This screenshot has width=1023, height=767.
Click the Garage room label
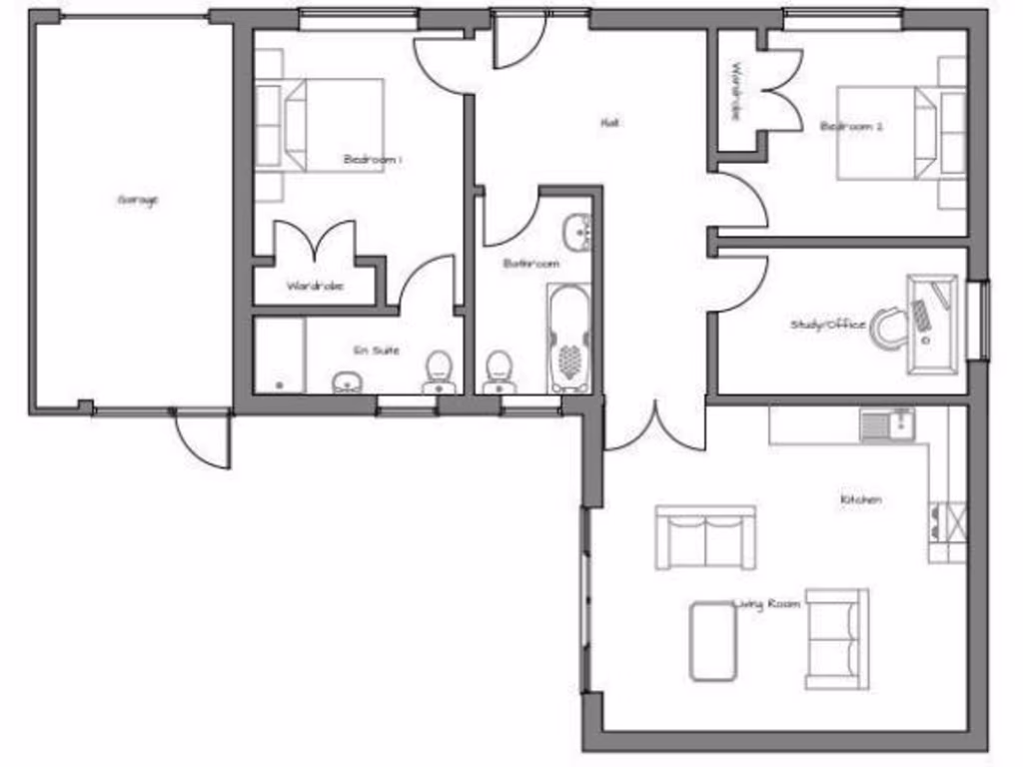(138, 200)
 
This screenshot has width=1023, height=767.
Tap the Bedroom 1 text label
(372, 159)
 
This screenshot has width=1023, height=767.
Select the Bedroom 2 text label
(851, 127)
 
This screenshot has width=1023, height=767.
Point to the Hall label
(608, 123)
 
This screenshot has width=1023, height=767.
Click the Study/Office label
(827, 325)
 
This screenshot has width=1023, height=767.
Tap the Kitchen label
(860, 499)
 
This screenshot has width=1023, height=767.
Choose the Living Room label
(768, 603)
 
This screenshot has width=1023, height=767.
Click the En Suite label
(377, 351)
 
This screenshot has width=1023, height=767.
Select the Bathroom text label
(530, 264)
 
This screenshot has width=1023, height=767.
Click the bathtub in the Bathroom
(568, 340)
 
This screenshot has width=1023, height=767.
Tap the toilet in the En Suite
(438, 372)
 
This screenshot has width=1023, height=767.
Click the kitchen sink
(887, 424)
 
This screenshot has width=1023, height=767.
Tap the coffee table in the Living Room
(712, 641)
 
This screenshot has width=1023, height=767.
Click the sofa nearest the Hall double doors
(705, 537)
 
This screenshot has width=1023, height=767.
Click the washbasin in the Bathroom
(578, 232)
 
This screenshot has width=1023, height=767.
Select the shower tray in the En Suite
(279, 355)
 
